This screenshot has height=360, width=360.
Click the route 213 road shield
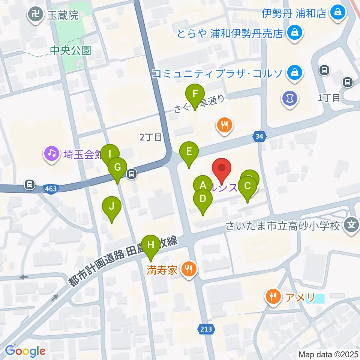tap(205, 329)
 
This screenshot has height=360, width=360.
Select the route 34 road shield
tap(258, 137)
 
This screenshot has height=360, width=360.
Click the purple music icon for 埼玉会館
tap(52, 153)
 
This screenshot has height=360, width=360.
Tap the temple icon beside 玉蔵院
tap(36, 15)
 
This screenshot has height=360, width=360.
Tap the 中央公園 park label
tap(71, 50)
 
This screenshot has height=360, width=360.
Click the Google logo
tap(25, 351)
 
